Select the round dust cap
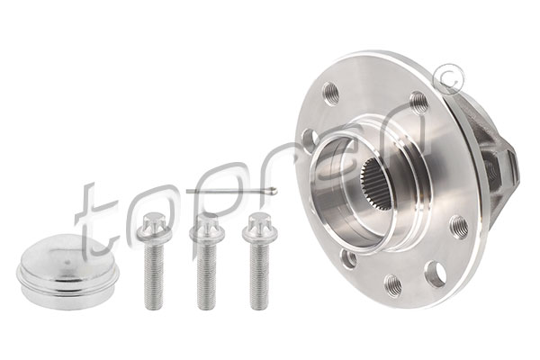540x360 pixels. [x=68, y=271]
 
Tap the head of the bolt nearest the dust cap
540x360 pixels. [x=154, y=227]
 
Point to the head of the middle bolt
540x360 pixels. [x=207, y=227]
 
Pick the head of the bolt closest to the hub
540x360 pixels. [x=259, y=227]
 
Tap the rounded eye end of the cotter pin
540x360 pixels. [x=273, y=190]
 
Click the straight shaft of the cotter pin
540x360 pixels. [x=228, y=191]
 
